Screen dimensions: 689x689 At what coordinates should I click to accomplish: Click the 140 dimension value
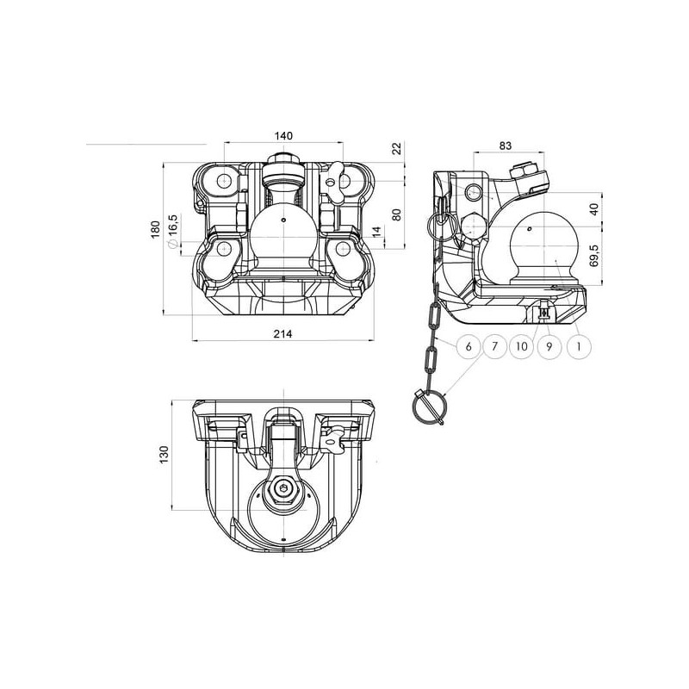[283, 136]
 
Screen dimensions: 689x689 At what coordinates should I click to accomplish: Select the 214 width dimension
[283, 334]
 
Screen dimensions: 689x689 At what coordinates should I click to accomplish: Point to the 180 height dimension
[156, 230]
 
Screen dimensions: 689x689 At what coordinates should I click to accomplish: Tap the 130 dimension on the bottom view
[164, 455]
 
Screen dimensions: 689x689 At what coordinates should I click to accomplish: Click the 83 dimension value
[506, 146]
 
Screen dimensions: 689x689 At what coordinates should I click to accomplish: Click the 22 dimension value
[397, 148]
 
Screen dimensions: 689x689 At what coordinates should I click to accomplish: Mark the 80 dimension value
[397, 214]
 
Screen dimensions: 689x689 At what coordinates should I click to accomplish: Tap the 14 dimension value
[376, 232]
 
